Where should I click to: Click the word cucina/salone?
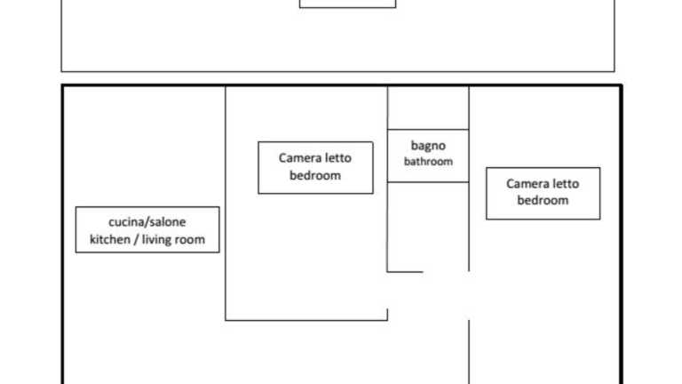147,222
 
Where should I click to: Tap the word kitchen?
110,239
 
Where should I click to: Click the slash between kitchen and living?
136,239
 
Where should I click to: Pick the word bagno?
428,146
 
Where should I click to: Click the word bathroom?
428,162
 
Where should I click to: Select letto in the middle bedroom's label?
338,157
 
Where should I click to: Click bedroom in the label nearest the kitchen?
315,175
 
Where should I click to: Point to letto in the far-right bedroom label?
566,183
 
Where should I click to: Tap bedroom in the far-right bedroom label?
543,200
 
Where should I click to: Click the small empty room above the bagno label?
428,108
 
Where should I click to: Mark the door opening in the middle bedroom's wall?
387,291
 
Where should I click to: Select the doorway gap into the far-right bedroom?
469,296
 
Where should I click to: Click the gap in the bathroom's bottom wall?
446,272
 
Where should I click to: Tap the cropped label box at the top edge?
347,4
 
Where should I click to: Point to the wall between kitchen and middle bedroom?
226,204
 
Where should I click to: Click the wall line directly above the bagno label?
428,129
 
